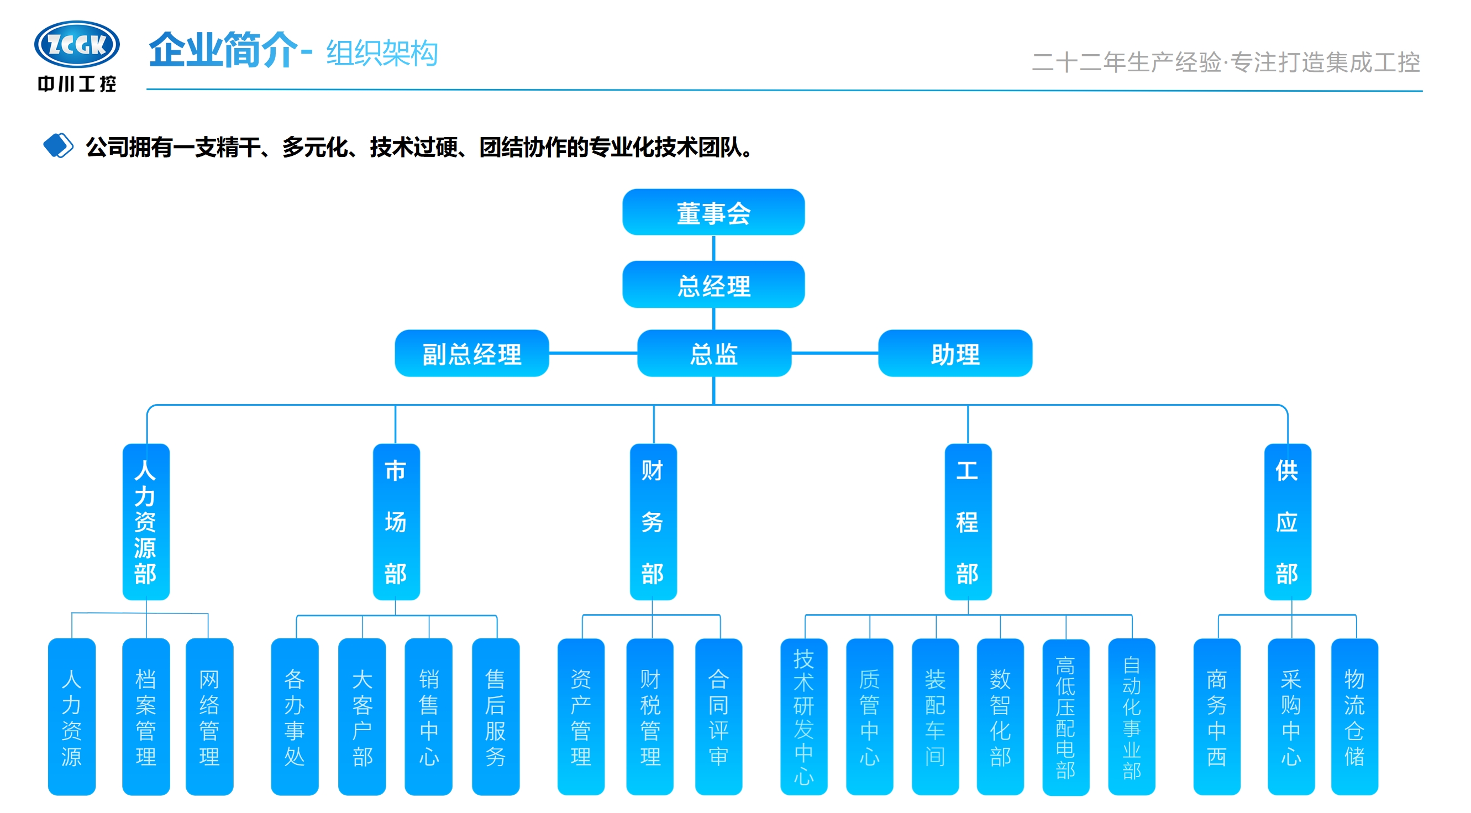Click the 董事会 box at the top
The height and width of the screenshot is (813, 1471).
(x=713, y=212)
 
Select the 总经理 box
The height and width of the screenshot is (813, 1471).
(x=713, y=285)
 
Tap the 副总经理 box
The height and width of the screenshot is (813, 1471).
(x=472, y=353)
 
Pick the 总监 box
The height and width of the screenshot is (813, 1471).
(x=714, y=353)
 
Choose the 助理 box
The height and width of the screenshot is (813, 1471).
(x=955, y=353)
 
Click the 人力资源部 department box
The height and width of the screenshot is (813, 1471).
(x=146, y=522)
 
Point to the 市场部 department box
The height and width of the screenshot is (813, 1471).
(x=396, y=522)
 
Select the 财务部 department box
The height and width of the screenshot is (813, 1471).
(x=653, y=522)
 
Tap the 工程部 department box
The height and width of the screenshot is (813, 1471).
(x=968, y=522)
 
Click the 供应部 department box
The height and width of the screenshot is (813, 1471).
(x=1287, y=522)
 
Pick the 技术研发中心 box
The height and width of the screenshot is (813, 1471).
(x=803, y=716)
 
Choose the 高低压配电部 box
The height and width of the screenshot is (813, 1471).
(x=1065, y=716)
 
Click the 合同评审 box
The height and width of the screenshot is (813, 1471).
(x=718, y=716)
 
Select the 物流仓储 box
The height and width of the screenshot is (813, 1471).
(x=1354, y=716)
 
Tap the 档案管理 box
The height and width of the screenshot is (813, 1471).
(x=146, y=716)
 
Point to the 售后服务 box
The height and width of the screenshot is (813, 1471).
(x=496, y=716)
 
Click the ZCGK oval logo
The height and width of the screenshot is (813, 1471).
(x=77, y=44)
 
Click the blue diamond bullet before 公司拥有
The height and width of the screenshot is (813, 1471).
(x=58, y=146)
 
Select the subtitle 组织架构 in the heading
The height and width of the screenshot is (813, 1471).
(x=382, y=54)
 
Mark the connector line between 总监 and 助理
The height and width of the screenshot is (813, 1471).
(x=834, y=353)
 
